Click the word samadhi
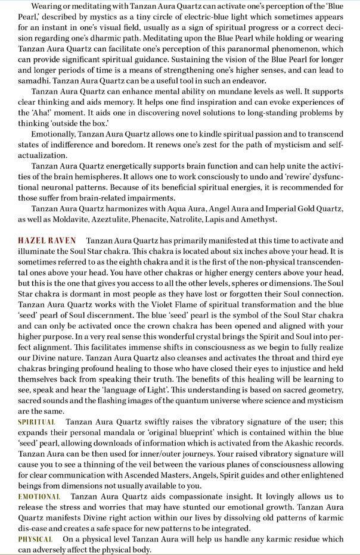(x=34, y=80)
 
